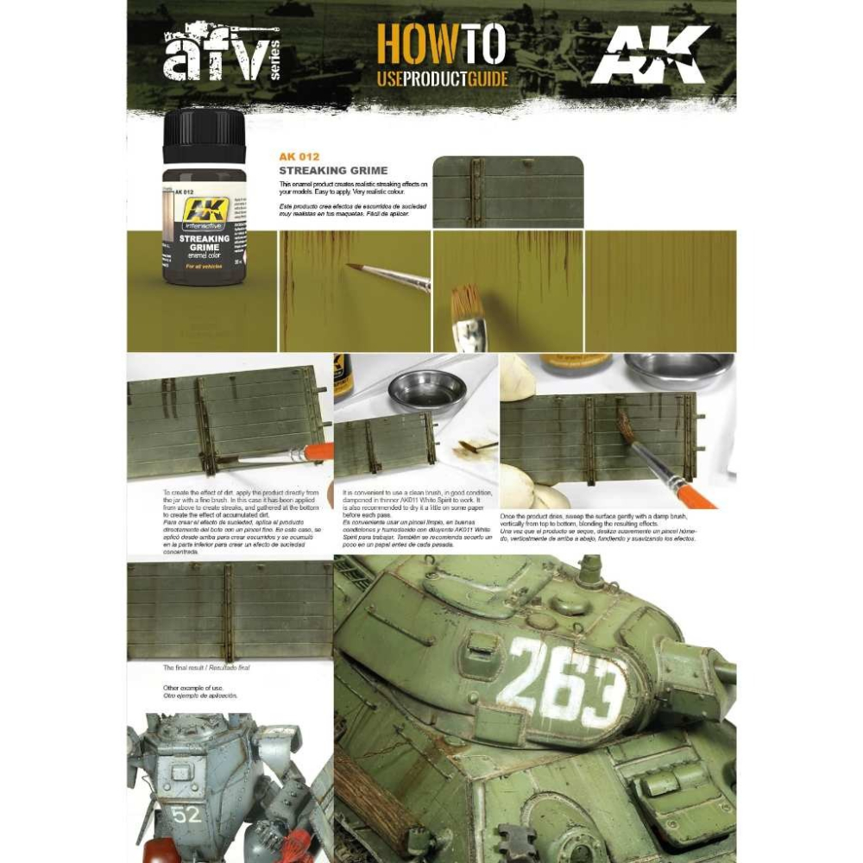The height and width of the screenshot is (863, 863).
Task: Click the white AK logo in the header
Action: (649, 55)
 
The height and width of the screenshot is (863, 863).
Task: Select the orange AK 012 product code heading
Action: (299, 157)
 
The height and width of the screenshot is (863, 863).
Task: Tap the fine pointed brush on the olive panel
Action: (388, 275)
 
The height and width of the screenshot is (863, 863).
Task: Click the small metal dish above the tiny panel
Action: (426, 390)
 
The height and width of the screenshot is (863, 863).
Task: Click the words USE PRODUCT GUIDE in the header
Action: (442, 80)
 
